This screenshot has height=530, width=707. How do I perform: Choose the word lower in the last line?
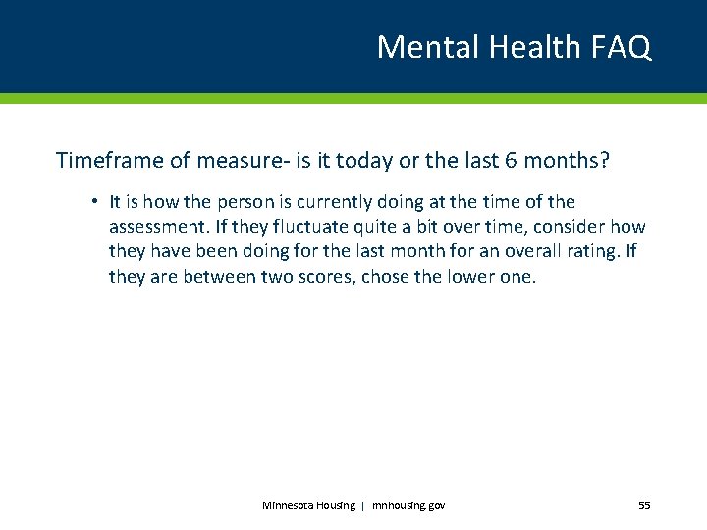click(x=469, y=276)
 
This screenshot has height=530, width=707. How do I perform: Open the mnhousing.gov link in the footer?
click(x=408, y=505)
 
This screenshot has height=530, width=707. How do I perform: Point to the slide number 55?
click(x=644, y=505)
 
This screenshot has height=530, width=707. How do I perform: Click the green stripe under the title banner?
click(x=353, y=98)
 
